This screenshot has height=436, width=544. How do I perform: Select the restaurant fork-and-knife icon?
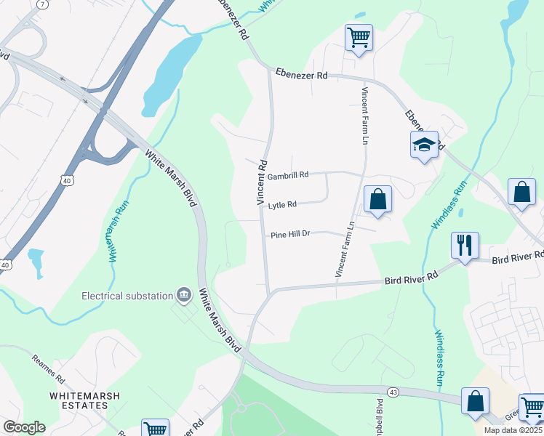tap(465, 246)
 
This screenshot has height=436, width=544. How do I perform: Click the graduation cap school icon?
tap(424, 145)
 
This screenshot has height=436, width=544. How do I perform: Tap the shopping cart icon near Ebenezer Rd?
tap(359, 36)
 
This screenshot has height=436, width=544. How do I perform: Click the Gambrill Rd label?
tap(288, 175)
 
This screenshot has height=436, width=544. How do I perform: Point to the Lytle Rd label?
tap(282, 206)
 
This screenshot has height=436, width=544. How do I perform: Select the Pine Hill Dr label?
tap(290, 235)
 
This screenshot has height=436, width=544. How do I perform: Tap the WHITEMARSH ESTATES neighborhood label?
tap(84, 402)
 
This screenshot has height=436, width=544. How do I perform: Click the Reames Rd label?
tap(49, 369)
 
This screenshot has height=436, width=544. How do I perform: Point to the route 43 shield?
tap(393, 392)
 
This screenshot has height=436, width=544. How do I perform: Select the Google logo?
tap(24, 427)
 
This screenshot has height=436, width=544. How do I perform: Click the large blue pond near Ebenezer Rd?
tap(171, 73)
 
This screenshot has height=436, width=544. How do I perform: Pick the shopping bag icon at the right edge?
tap(521, 193)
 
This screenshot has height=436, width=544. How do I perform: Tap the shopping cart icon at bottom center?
tap(156, 429)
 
